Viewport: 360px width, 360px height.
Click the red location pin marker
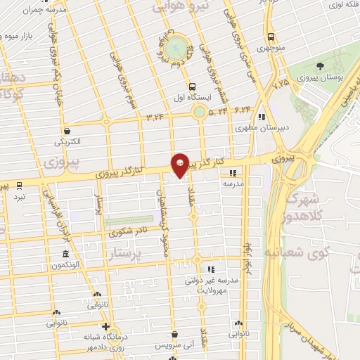181,165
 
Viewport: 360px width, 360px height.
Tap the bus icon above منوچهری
270,37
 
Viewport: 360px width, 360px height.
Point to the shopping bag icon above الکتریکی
66,130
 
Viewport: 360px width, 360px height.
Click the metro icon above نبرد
19,185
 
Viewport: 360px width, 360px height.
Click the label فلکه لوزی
343,5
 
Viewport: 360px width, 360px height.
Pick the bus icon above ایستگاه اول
183,86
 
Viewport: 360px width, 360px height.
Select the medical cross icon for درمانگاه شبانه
105,326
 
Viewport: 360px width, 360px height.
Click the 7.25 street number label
281,84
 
